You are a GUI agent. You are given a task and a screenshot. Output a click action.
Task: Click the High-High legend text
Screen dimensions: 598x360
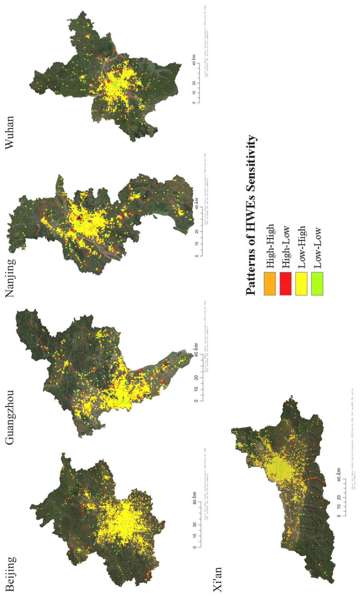coord(270,246)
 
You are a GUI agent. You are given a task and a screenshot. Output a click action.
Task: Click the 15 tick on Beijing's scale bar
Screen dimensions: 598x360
coord(194,536)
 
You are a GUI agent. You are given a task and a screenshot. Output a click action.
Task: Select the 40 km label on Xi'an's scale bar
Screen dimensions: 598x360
coord(338,475)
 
